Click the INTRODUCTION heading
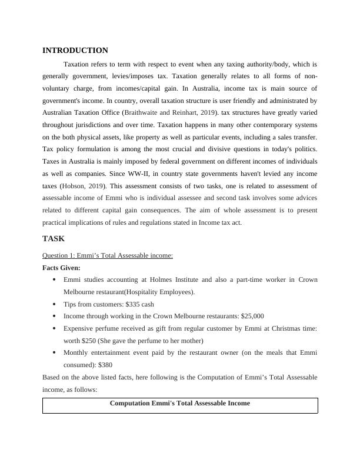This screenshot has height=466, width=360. (x=75, y=51)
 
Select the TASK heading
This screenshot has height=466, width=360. (x=54, y=238)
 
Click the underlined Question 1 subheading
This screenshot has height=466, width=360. (x=108, y=255)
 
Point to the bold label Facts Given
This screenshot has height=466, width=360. (x=61, y=268)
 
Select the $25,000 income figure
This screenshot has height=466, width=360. (x=249, y=316)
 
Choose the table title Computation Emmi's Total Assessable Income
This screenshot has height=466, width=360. (x=180, y=404)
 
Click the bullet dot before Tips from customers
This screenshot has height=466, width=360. (x=55, y=305)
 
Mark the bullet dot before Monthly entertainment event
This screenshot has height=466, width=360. (x=55, y=353)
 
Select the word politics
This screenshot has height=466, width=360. (x=301, y=149)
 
